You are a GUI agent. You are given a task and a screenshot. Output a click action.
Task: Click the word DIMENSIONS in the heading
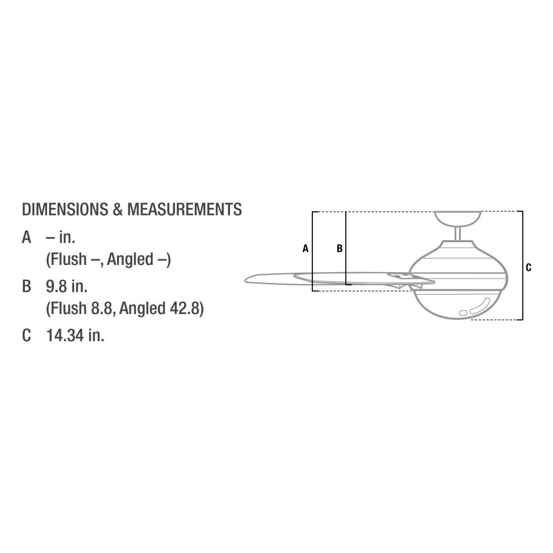click(x=65, y=209)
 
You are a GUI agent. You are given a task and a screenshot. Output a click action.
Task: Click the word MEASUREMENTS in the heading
click(x=185, y=209)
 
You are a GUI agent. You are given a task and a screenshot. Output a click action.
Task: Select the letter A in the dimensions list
click(x=27, y=237)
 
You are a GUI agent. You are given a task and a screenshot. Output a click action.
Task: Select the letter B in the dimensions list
click(x=27, y=286)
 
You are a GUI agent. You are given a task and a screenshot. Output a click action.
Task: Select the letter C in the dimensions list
click(x=27, y=335)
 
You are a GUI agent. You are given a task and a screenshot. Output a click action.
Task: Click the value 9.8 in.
click(x=67, y=286)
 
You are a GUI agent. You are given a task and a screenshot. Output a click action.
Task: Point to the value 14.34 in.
click(x=75, y=335)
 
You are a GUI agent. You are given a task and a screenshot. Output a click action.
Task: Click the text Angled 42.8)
click(x=161, y=308)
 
